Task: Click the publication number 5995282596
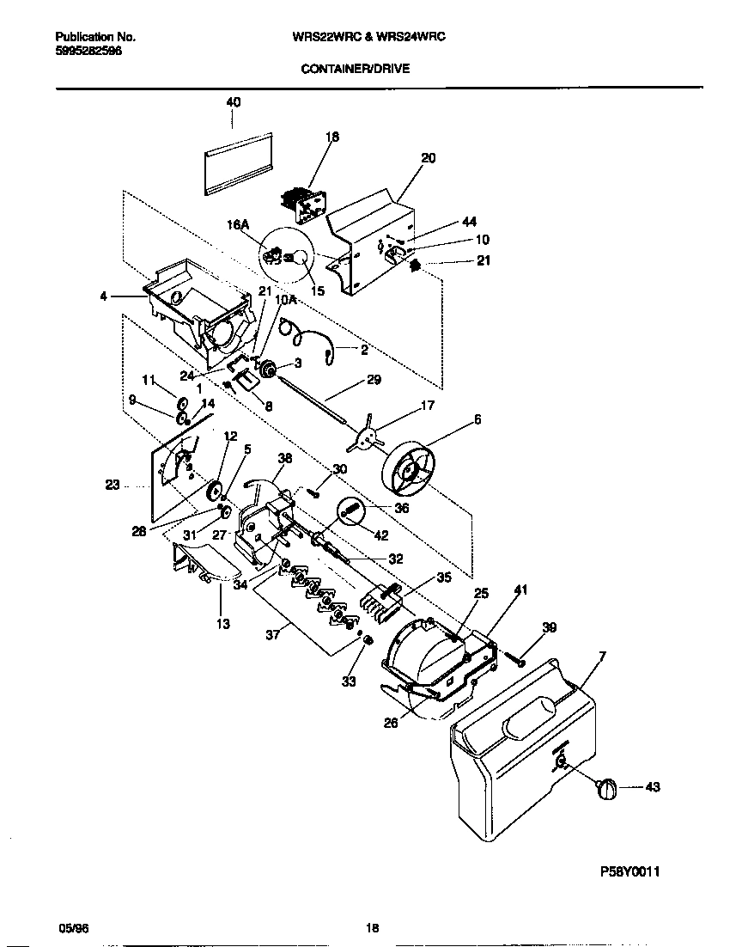(88, 51)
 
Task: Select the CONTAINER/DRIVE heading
(355, 68)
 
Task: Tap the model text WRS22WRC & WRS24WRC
(368, 37)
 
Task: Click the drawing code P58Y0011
(629, 871)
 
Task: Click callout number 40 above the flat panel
(233, 101)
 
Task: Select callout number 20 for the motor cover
(429, 157)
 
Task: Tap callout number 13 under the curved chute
(222, 624)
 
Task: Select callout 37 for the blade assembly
(271, 637)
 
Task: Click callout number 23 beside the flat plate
(113, 485)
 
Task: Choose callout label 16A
(237, 224)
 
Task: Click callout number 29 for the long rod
(373, 379)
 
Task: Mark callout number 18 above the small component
(332, 136)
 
